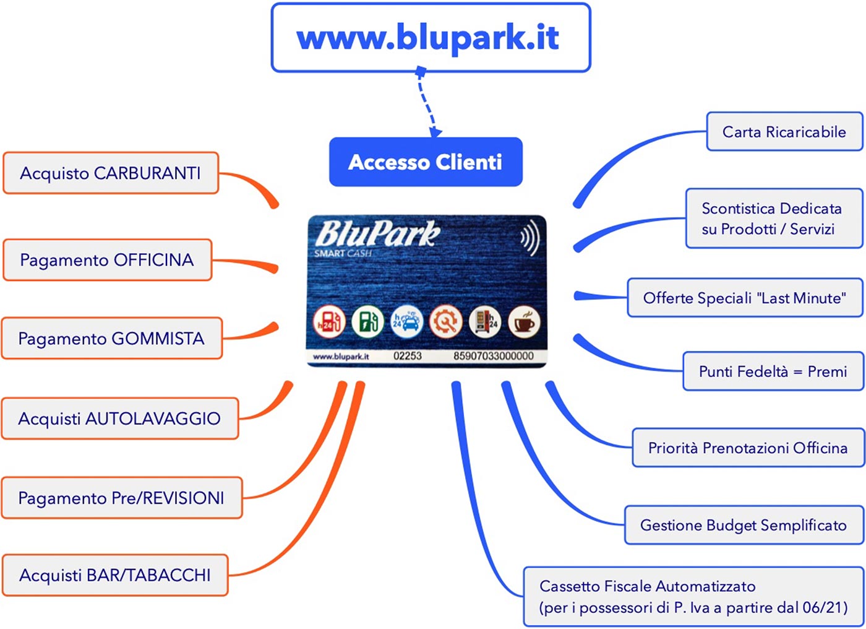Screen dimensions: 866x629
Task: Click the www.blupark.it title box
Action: click(x=431, y=38)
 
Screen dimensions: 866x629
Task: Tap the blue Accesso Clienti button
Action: click(x=426, y=162)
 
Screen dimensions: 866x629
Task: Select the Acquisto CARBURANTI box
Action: click(x=111, y=173)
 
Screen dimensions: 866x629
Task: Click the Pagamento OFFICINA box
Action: click(x=107, y=259)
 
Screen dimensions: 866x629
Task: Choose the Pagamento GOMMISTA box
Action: click(x=112, y=339)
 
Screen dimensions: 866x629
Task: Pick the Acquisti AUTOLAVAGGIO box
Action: click(x=120, y=419)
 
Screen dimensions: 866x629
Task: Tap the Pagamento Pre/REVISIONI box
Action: click(x=122, y=498)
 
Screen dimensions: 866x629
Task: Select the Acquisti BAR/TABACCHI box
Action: click(x=115, y=575)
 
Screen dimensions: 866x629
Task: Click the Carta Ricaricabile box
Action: click(x=784, y=131)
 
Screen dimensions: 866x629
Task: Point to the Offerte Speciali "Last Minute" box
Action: click(x=745, y=298)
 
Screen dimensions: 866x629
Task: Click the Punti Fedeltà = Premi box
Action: click(x=773, y=371)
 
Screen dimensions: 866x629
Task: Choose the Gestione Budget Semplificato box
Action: click(x=744, y=525)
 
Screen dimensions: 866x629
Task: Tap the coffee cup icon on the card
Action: click(x=524, y=322)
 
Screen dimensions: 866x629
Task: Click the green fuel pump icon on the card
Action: click(x=367, y=322)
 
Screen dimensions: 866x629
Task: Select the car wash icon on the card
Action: click(x=407, y=322)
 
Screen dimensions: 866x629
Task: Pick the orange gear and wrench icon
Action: click(x=446, y=322)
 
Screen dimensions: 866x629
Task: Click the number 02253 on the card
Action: click(x=408, y=356)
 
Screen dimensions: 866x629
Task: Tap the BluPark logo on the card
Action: click(x=378, y=235)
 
